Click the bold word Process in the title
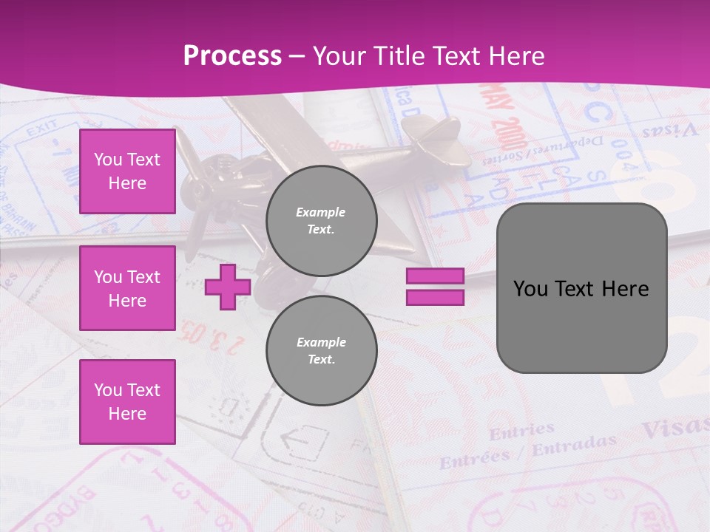tap(232, 56)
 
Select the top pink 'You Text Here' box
tap(127, 171)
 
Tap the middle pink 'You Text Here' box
tap(127, 288)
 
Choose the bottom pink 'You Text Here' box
tap(127, 401)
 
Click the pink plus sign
tap(228, 287)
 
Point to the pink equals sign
tap(435, 287)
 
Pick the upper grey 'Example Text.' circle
tap(321, 221)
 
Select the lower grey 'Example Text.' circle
tap(321, 350)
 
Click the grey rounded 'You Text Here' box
tap(581, 288)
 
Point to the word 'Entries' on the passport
tap(521, 430)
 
